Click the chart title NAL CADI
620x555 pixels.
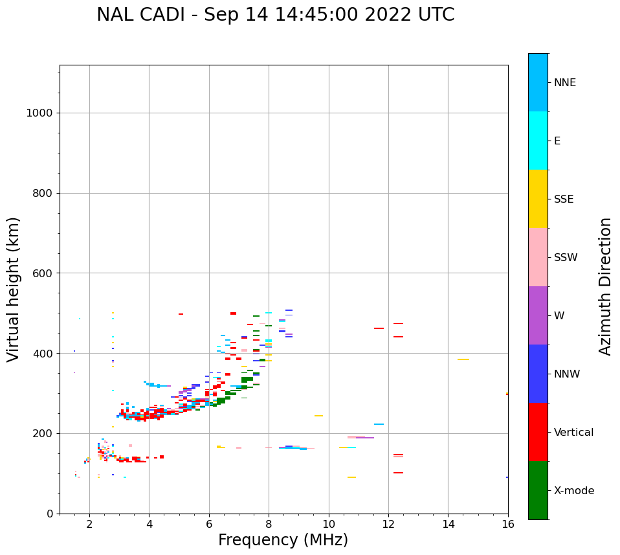click(275, 15)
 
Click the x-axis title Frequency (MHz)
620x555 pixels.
click(283, 540)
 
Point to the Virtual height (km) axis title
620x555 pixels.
click(14, 289)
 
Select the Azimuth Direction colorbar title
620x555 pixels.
click(605, 286)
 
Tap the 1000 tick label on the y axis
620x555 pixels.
click(39, 113)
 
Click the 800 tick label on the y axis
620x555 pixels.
click(41, 193)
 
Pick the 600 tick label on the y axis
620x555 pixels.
click(41, 273)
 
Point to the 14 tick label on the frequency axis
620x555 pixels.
click(448, 524)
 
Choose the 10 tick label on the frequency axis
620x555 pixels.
click(329, 524)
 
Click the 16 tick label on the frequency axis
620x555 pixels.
click(508, 524)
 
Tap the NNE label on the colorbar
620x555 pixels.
click(564, 83)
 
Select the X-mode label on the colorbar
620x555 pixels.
click(574, 491)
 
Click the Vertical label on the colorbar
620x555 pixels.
click(573, 433)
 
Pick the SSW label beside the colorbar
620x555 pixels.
click(566, 258)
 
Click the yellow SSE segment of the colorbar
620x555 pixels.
click(538, 199)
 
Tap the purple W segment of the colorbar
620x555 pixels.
click(538, 315)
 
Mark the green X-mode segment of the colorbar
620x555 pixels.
click(538, 490)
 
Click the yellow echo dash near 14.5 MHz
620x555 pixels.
click(463, 359)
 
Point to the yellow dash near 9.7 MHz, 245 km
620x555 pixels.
click(318, 416)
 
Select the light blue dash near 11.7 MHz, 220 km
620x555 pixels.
click(379, 424)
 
